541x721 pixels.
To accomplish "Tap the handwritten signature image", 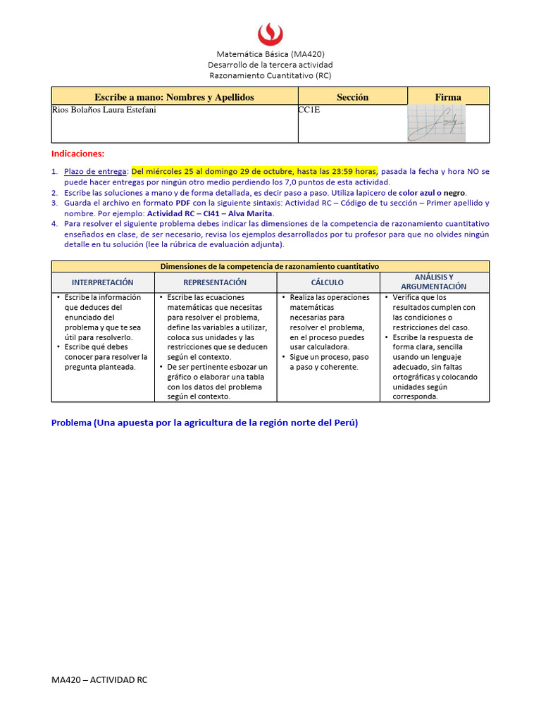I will [x=437, y=122].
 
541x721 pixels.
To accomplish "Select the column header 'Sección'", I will [x=352, y=97].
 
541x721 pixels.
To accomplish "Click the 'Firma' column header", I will [x=448, y=97].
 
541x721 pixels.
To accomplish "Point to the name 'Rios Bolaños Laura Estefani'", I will [x=104, y=111].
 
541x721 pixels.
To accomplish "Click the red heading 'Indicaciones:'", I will [x=77, y=153].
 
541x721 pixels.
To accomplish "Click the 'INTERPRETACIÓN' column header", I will [x=103, y=282].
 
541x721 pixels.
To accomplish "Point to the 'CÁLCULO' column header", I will [x=328, y=282].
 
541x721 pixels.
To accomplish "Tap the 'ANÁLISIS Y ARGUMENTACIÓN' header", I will [x=434, y=282].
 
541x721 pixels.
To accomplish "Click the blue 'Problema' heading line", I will [x=205, y=423].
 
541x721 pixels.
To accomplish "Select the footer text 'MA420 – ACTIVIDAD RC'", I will [x=99, y=679].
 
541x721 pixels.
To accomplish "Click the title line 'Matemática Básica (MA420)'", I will [x=270, y=54].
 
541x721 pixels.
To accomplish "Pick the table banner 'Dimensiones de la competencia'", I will [x=270, y=267].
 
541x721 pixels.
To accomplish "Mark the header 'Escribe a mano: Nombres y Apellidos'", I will [x=174, y=97].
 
